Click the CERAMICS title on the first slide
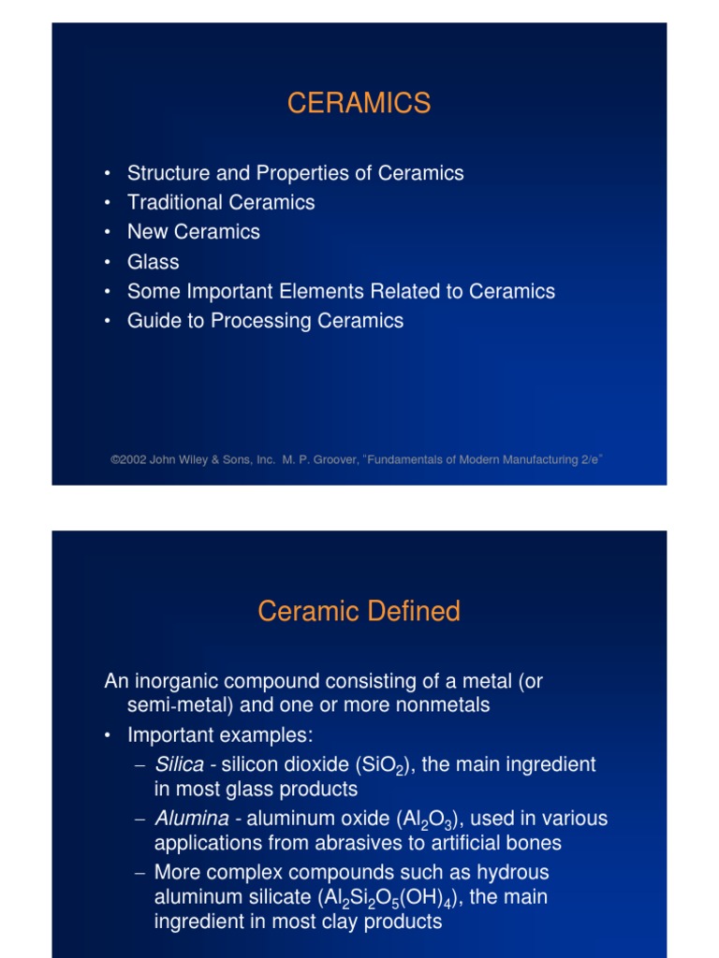(x=359, y=103)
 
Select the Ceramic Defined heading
(x=359, y=612)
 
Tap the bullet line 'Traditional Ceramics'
(x=221, y=202)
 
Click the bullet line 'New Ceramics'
(x=194, y=232)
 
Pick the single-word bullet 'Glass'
(x=153, y=262)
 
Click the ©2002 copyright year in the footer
(x=128, y=459)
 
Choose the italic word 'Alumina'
(x=191, y=819)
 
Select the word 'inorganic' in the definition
(x=177, y=682)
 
